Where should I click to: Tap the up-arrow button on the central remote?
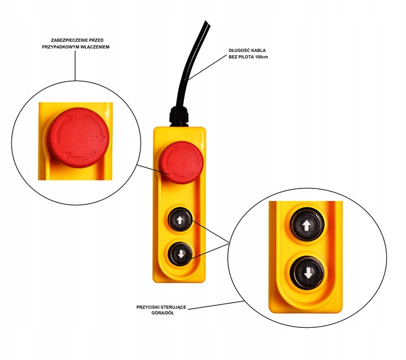coord(180,220)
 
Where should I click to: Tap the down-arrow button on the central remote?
coord(180,251)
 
